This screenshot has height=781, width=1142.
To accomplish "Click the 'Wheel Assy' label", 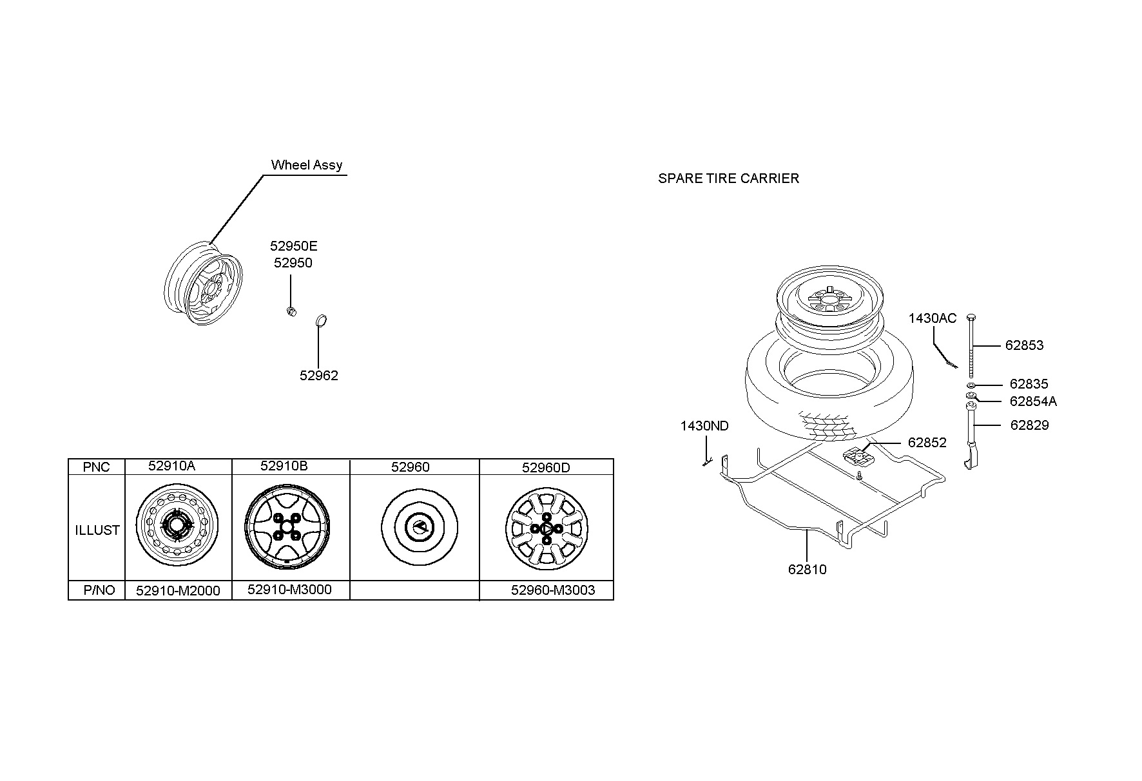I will (307, 165).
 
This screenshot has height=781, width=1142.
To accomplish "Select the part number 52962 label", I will (318, 376).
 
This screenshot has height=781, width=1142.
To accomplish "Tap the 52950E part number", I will (293, 246).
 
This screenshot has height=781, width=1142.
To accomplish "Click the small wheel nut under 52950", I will (291, 312).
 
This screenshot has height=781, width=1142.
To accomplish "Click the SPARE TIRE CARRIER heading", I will (728, 178).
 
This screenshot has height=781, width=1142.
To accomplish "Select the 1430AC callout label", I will (933, 318).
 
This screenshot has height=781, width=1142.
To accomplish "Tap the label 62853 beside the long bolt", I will (1024, 345).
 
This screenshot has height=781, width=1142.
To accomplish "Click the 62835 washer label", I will (1029, 384).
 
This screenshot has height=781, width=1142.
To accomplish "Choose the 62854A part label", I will (1033, 401).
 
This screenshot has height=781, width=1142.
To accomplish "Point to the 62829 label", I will (1029, 425).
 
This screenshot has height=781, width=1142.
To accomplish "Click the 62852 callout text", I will (927, 443).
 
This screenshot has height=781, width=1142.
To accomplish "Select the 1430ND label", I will (704, 426).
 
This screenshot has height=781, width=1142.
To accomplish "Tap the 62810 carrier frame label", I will (807, 570).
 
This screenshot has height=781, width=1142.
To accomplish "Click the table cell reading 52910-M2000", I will (178, 590).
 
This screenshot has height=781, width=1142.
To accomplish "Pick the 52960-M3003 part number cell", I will (553, 590).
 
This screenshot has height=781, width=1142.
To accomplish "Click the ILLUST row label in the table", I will (97, 530).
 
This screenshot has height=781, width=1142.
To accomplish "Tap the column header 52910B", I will (284, 466).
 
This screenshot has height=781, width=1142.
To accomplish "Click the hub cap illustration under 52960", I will (419, 528).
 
